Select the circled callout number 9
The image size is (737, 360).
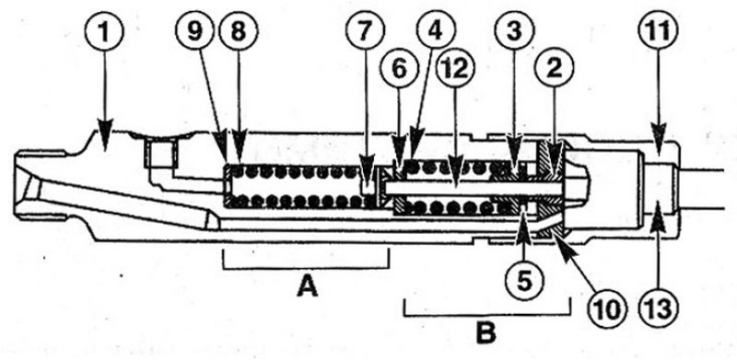click(x=194, y=31)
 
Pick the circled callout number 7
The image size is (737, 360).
click(x=366, y=31)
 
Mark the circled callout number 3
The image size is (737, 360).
click(x=516, y=30)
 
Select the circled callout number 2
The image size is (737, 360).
click(x=556, y=68)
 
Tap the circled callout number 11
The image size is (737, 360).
click(x=657, y=31)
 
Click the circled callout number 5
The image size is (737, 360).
click(x=524, y=282)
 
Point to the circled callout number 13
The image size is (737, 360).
click(x=658, y=307)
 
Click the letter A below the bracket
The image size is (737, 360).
click(x=308, y=287)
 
